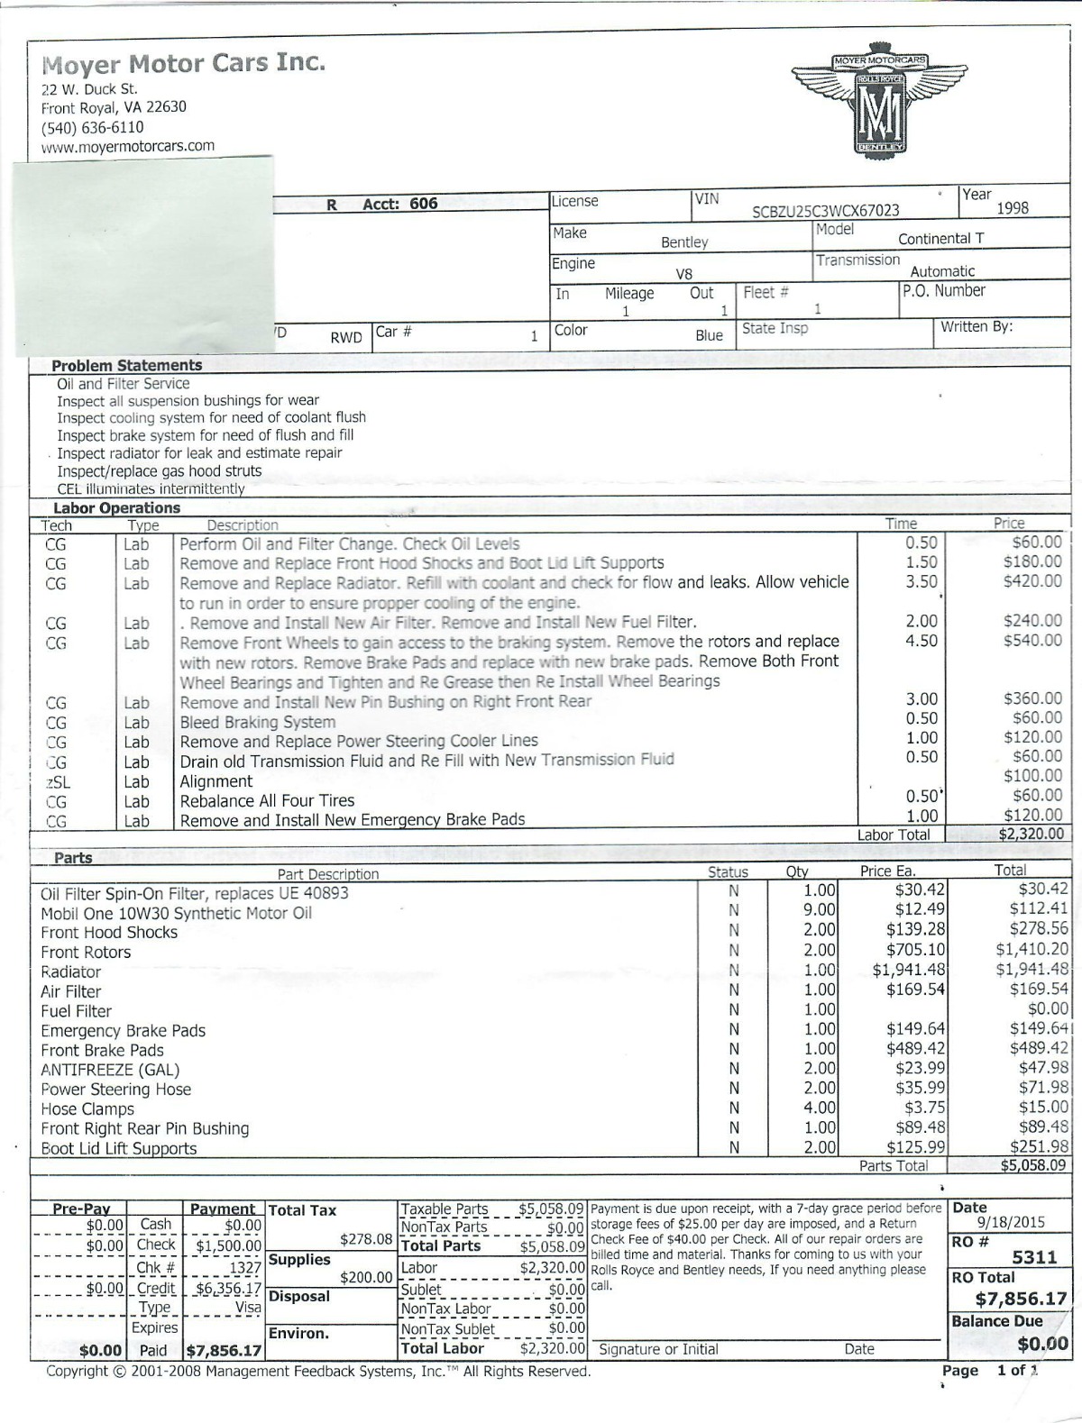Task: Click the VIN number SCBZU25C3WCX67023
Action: click(825, 211)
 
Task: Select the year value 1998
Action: click(1012, 208)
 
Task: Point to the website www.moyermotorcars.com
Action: click(128, 146)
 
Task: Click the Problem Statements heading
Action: click(126, 366)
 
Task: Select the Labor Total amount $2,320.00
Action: click(1031, 835)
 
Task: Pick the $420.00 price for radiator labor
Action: click(1032, 581)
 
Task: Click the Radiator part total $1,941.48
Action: click(1032, 970)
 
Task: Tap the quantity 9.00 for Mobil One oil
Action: click(820, 910)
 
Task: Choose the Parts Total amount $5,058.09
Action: click(1033, 1165)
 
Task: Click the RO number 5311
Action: click(1034, 1257)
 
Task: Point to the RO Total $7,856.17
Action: click(1021, 1299)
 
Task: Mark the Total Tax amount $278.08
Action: click(366, 1239)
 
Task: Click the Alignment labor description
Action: click(216, 781)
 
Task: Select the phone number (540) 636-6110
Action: click(93, 127)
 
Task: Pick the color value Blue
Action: click(709, 335)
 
